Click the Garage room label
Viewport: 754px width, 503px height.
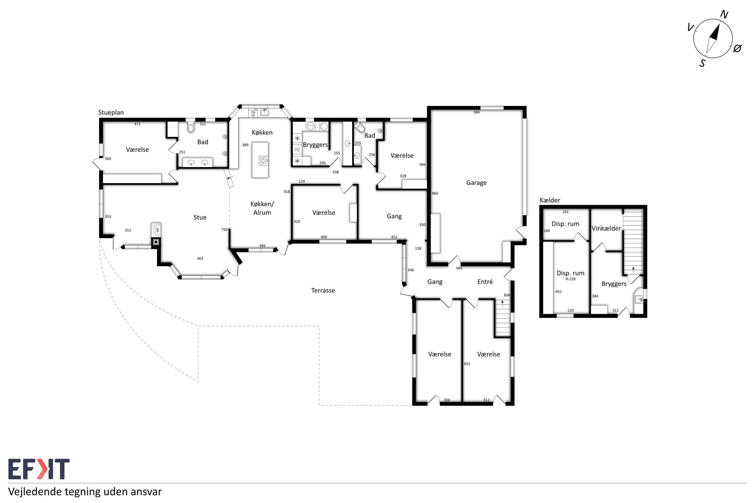click(476, 183)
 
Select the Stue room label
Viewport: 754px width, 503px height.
click(200, 217)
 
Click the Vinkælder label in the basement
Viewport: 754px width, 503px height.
click(606, 228)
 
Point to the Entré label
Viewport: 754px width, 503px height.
click(485, 281)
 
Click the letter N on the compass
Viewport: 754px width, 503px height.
click(724, 14)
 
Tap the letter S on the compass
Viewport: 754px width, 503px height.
click(702, 63)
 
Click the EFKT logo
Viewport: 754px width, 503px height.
click(39, 469)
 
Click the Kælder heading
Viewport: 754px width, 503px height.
click(550, 200)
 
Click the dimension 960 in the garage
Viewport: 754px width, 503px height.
click(435, 193)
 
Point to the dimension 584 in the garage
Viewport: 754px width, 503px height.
click(476, 112)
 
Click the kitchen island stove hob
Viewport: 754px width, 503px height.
click(263, 160)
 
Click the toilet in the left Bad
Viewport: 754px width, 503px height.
click(191, 127)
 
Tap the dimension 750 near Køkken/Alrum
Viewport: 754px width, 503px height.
click(224, 229)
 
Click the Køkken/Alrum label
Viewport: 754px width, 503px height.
click(262, 208)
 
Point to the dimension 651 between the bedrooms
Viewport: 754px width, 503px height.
click(467, 363)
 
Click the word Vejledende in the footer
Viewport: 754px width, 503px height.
click(35, 492)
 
